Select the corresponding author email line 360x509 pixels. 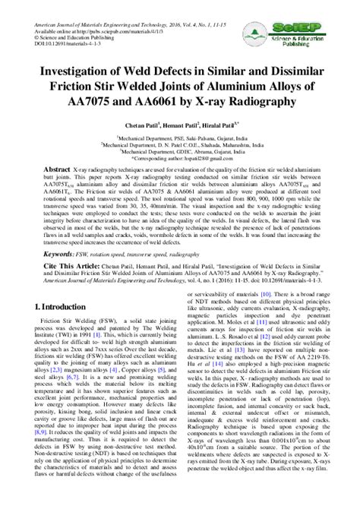(179, 157)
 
